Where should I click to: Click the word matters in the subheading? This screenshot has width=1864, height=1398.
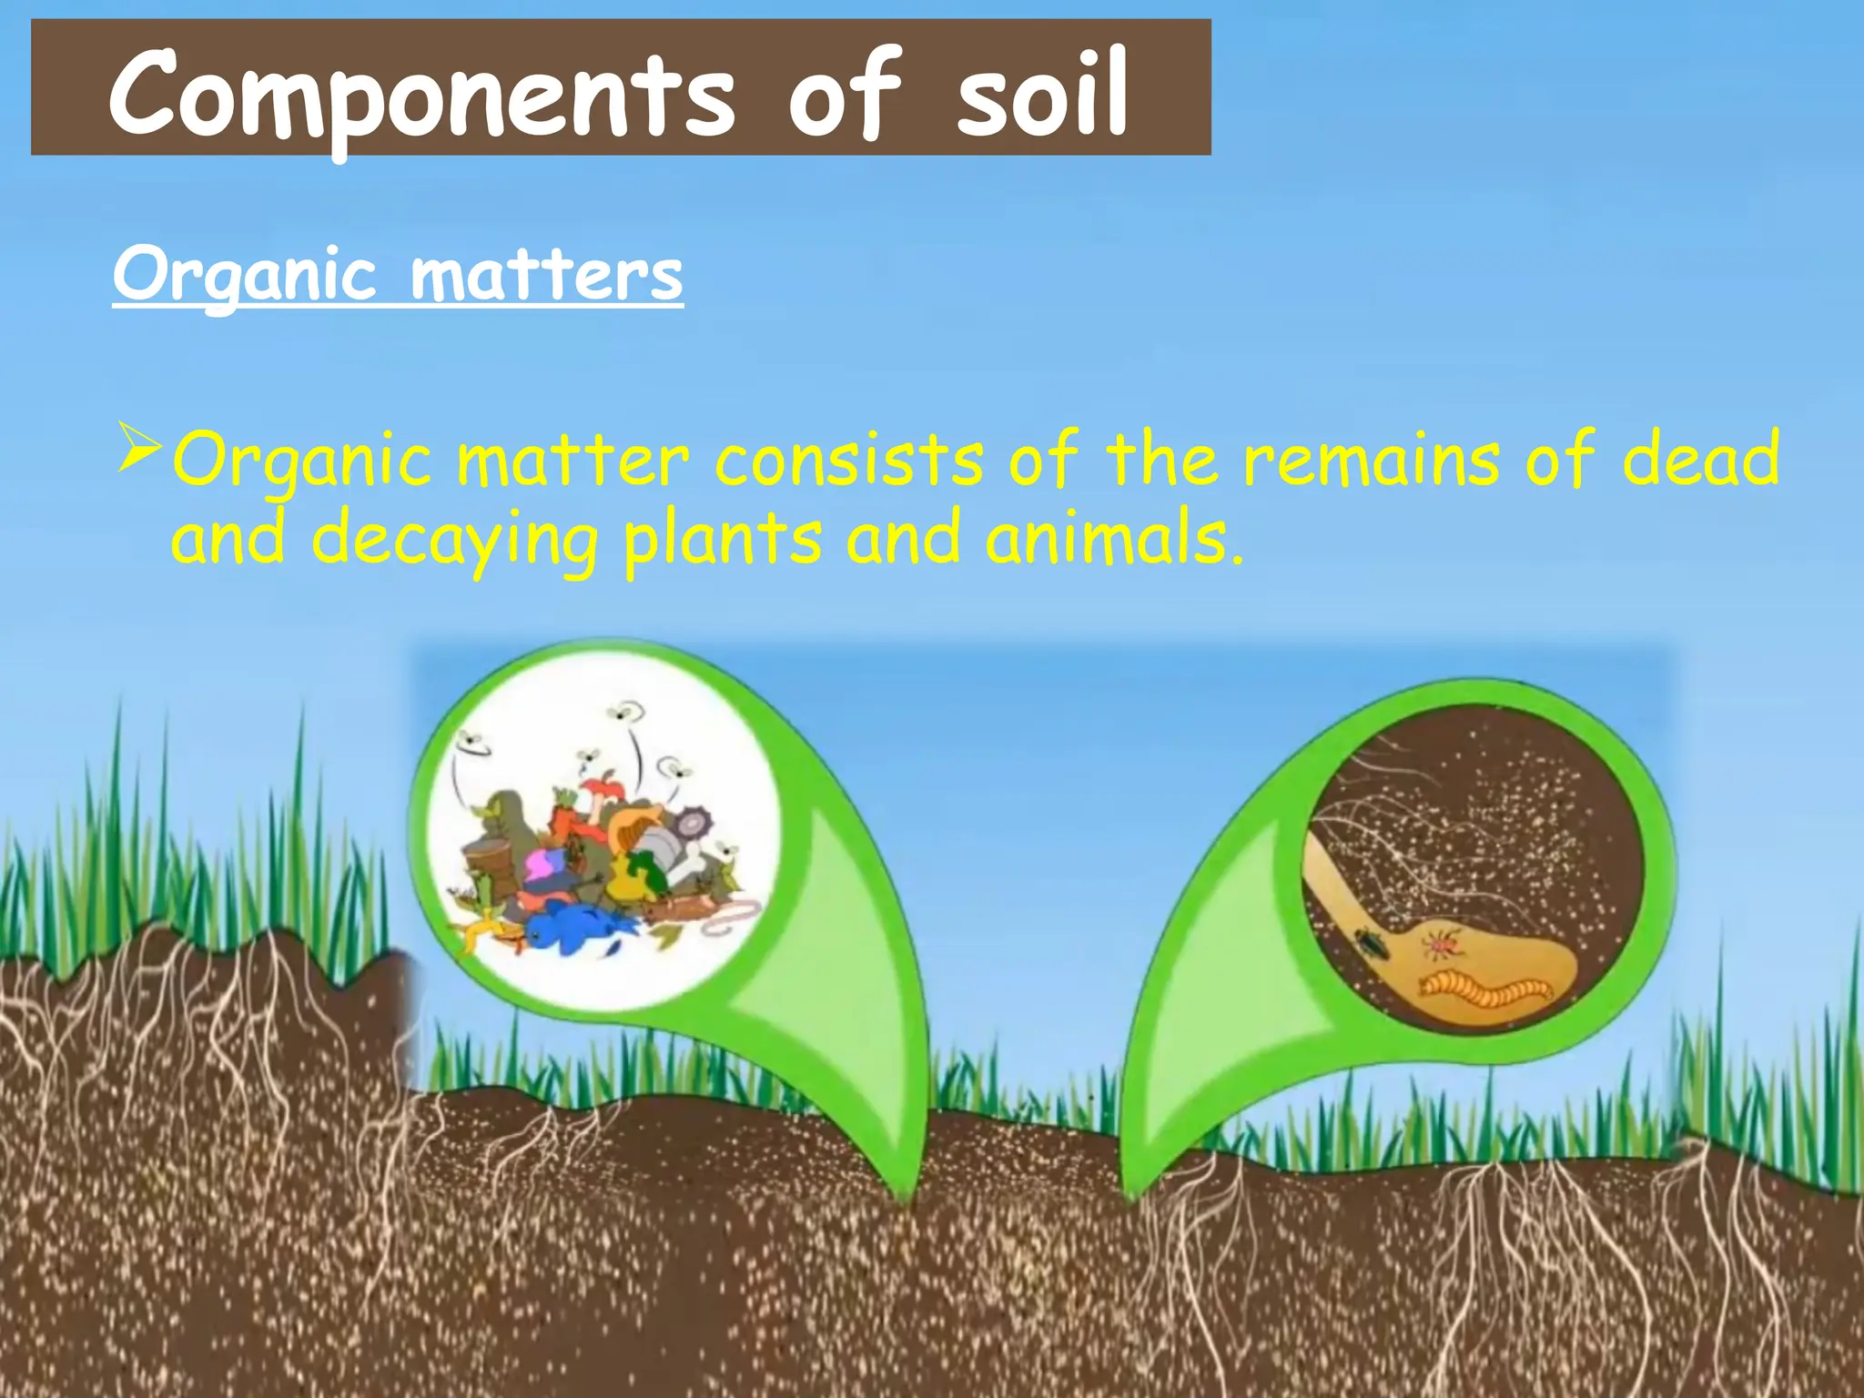546,275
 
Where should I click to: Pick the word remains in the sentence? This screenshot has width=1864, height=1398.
1371,460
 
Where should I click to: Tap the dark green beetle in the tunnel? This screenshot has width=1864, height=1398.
1371,942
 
